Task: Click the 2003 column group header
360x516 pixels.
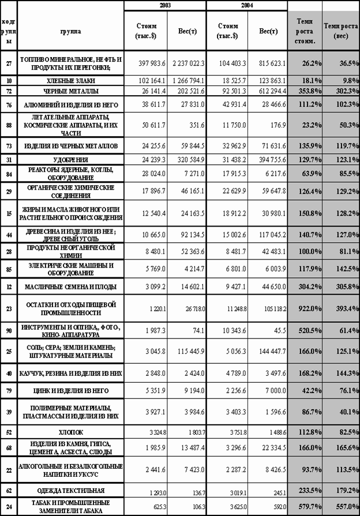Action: pos(165,5)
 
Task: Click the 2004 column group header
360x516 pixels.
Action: pos(246,5)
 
